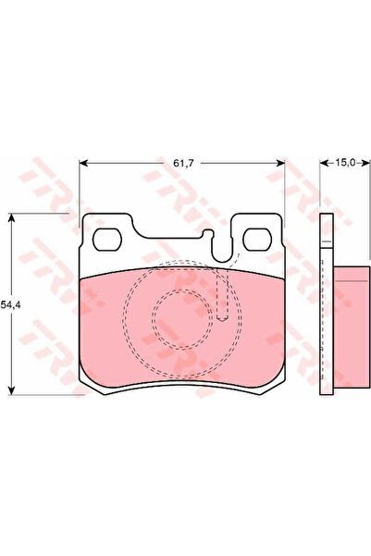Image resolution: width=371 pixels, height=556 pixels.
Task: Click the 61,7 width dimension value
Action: pos(183,164)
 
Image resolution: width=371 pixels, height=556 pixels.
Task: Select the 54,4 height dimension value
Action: pos(10,304)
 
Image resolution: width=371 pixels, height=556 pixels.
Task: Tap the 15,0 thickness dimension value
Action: pos(345,163)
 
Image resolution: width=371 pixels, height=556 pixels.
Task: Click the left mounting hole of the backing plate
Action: pos(107,240)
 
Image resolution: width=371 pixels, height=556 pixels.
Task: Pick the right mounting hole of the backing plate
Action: pos(257,240)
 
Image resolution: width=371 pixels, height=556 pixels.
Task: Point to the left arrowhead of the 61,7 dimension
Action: pos(83,163)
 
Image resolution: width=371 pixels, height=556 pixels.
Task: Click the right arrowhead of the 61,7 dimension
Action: pos(280,163)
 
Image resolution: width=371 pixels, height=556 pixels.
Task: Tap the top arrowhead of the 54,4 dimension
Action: pos(12,217)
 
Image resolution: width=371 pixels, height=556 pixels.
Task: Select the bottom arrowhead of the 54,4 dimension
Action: pos(12,389)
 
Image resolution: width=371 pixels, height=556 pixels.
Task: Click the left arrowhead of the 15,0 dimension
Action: pos(324,163)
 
